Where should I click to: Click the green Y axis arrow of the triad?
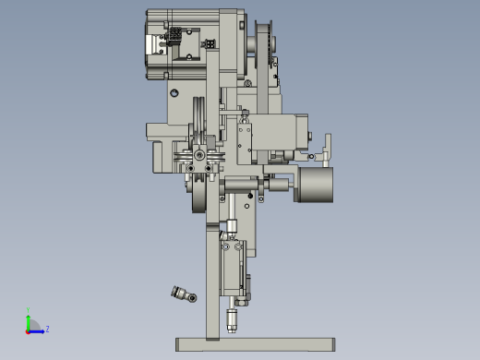click(29, 318)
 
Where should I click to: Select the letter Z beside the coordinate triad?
click(47, 329)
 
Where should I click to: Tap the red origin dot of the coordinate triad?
click(29, 330)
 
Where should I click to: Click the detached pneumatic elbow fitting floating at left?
click(183, 294)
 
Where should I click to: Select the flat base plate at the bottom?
click(254, 344)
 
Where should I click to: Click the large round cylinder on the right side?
click(315, 185)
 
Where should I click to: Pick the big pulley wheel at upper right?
click(262, 51)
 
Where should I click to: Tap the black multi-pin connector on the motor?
click(173, 37)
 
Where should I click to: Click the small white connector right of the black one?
click(210, 43)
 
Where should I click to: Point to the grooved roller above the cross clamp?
click(198, 120)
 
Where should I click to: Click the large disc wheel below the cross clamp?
click(199, 196)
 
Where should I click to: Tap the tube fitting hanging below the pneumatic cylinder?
click(231, 321)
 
